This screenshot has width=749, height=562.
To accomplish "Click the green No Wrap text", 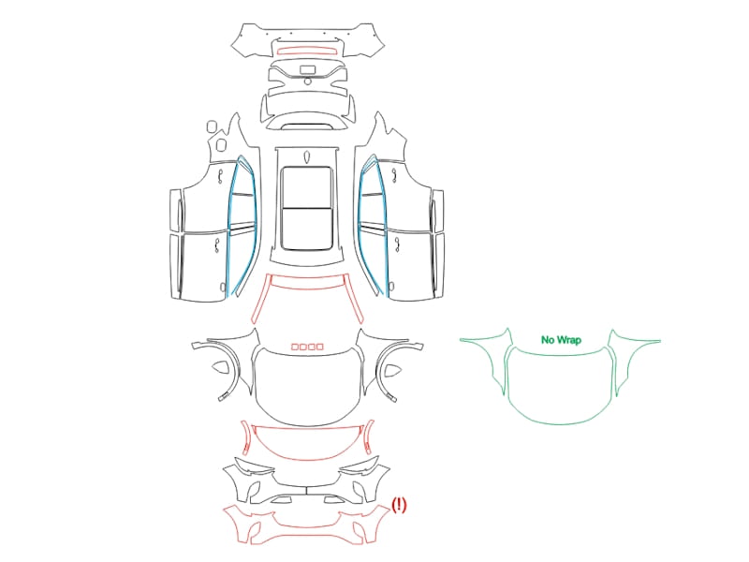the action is [x=561, y=340].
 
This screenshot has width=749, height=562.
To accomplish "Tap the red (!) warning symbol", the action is [x=399, y=505].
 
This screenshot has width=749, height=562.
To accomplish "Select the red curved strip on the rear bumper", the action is [x=308, y=50].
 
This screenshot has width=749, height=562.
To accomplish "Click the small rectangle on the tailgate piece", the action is [x=308, y=69].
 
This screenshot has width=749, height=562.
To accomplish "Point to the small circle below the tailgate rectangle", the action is [x=308, y=81].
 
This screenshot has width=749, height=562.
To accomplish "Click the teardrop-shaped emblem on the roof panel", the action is [x=307, y=156].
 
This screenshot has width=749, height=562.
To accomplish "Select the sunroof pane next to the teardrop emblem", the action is [x=307, y=187].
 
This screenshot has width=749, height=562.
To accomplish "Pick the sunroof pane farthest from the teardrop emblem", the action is [x=307, y=229].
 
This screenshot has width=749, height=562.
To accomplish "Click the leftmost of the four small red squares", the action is [x=295, y=347].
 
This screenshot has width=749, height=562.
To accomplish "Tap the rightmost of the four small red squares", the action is [x=319, y=347].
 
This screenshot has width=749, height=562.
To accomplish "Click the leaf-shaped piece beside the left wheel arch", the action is [x=220, y=367].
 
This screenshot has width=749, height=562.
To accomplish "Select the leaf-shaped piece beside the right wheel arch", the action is [x=392, y=369].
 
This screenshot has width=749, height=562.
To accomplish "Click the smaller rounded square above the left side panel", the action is [x=212, y=126].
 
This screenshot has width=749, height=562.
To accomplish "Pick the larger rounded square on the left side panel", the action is [x=221, y=144].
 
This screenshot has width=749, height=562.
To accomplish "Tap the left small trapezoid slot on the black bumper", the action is [x=282, y=500].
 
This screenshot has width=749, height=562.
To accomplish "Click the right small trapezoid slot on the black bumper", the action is [x=333, y=500].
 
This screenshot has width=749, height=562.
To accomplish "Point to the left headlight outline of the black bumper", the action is [x=254, y=465].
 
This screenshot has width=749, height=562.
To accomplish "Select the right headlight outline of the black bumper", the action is [x=360, y=465].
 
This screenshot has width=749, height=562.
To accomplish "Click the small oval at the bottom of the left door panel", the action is [x=223, y=287].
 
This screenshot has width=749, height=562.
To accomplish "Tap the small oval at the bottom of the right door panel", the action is [x=391, y=287].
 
